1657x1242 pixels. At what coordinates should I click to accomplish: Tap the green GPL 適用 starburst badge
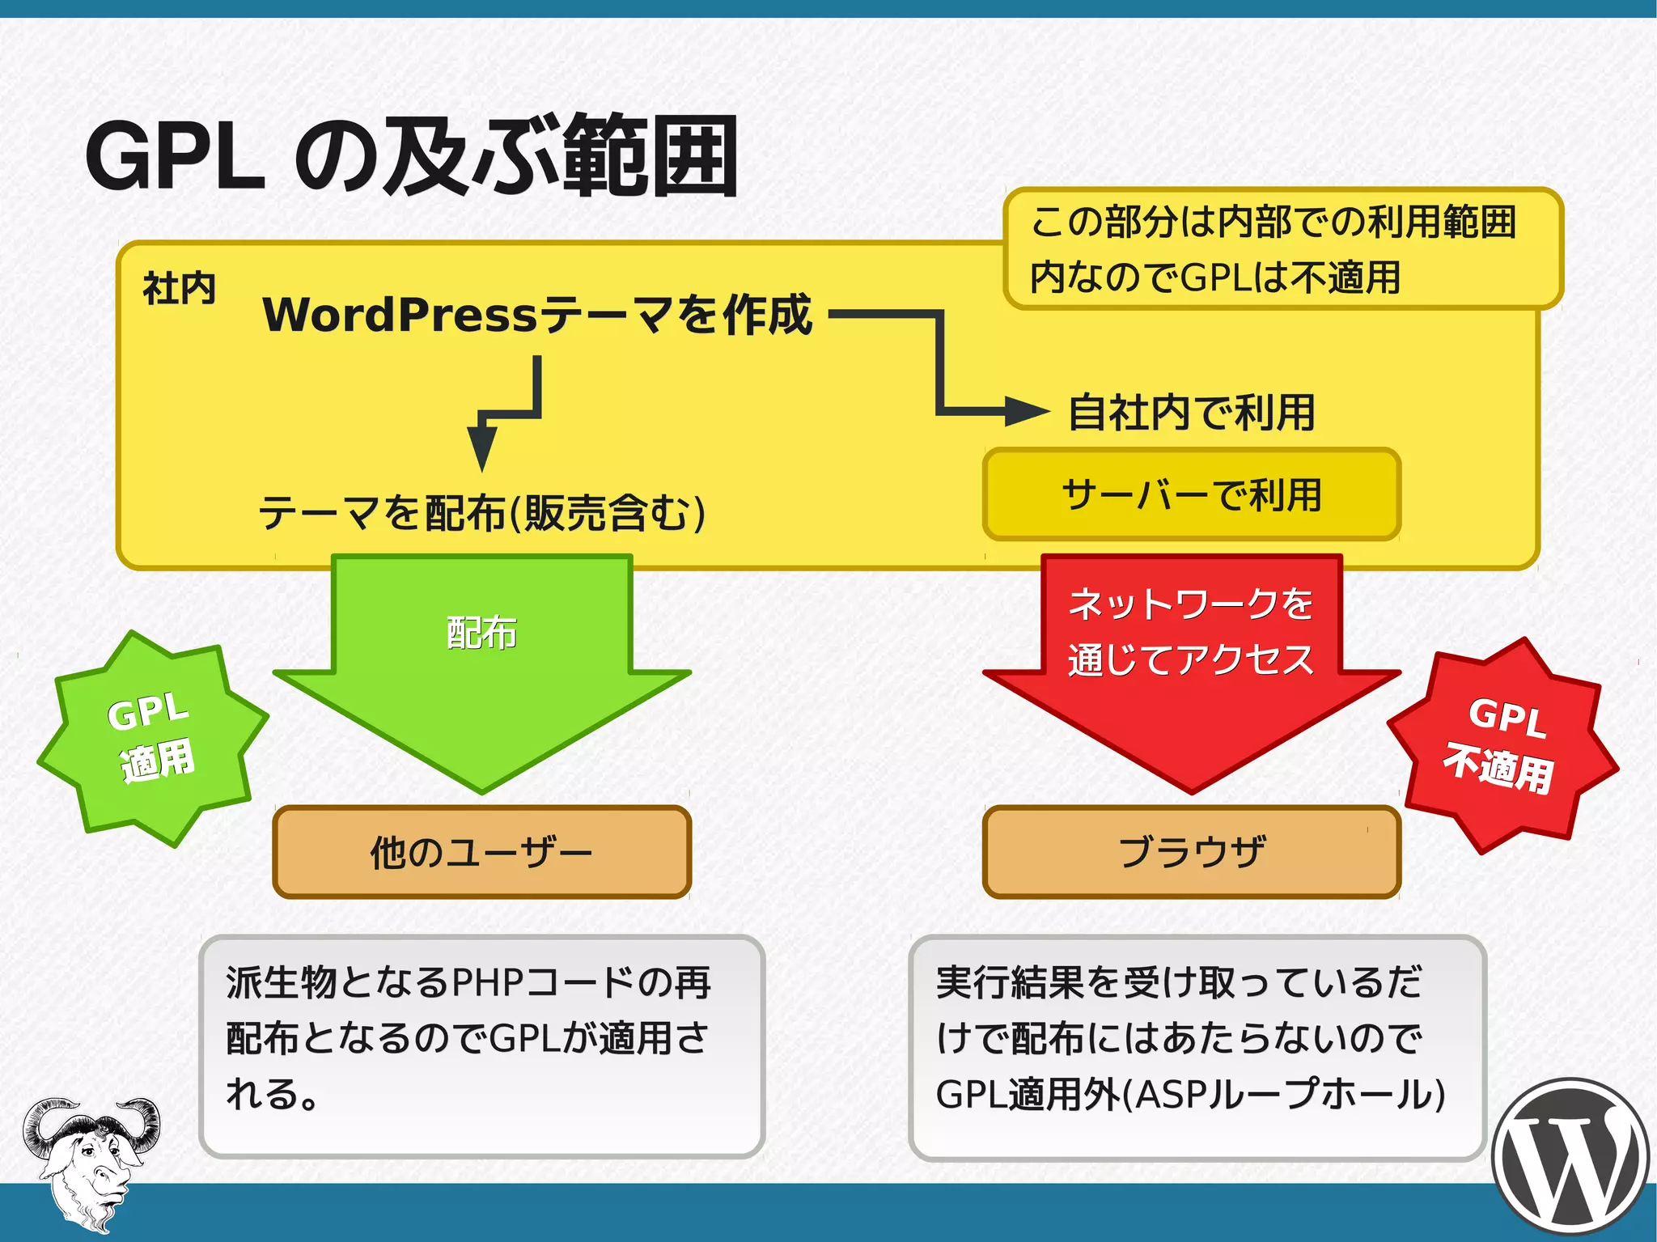tap(151, 738)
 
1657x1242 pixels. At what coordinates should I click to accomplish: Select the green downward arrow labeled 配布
tap(482, 672)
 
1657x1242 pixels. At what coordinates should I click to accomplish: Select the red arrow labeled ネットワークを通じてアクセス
tap(1191, 672)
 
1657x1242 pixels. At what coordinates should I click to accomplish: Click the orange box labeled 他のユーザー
tap(482, 852)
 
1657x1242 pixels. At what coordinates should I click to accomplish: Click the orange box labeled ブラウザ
tap(1191, 852)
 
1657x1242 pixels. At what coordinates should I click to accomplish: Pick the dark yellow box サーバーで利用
tap(1191, 494)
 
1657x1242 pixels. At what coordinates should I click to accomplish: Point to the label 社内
tap(179, 288)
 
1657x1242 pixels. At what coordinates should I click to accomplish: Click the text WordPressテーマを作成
tap(537, 315)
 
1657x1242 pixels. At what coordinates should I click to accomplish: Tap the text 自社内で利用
tap(1191, 413)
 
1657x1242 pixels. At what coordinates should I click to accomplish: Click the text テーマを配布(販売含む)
tap(482, 513)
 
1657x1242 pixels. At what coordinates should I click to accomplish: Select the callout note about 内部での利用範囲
tap(1282, 248)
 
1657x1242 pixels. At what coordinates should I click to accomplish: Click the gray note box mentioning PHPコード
tap(482, 1045)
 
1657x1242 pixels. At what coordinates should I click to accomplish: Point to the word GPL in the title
tap(176, 156)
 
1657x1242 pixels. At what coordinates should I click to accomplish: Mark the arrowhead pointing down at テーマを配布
tap(482, 447)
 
